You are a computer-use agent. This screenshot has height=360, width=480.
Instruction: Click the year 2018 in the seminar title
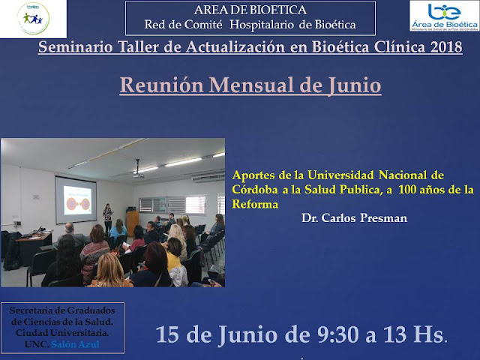point(446,46)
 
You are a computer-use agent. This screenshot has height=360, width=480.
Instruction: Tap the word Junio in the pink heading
point(355,85)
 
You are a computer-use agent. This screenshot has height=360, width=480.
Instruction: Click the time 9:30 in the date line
point(337,334)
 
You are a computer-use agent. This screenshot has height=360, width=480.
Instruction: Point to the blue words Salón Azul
point(75,344)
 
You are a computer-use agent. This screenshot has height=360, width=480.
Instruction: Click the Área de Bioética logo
point(445,16)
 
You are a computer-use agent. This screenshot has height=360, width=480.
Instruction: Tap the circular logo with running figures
point(33,18)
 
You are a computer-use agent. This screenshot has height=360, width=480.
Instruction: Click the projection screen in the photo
point(76,199)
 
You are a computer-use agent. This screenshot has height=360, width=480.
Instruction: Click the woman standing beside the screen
point(107,218)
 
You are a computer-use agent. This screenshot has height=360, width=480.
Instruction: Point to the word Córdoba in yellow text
point(255,190)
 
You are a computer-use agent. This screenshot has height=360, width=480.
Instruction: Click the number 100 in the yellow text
point(407,190)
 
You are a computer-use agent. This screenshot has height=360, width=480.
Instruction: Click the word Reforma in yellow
point(255,204)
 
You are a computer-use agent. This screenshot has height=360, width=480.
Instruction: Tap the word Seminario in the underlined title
point(75,46)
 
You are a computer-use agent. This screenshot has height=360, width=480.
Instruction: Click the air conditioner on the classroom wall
point(208,177)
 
